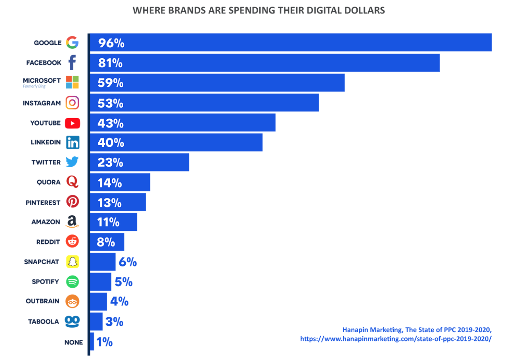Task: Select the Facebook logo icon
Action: point(72,63)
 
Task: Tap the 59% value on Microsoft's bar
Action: point(111,83)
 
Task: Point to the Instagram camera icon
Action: point(72,103)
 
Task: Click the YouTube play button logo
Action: point(73,123)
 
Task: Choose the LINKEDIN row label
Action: point(46,142)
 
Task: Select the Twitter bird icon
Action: point(72,162)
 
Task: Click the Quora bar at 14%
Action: point(120,182)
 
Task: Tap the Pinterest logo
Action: point(73,202)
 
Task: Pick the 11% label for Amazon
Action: point(109,222)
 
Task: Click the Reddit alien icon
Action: point(73,241)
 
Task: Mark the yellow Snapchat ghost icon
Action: point(73,262)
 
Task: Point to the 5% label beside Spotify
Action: point(123,282)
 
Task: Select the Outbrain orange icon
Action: point(73,301)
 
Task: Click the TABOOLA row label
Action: point(43,322)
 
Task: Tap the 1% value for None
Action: point(104,342)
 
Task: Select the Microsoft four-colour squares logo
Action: point(72,82)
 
